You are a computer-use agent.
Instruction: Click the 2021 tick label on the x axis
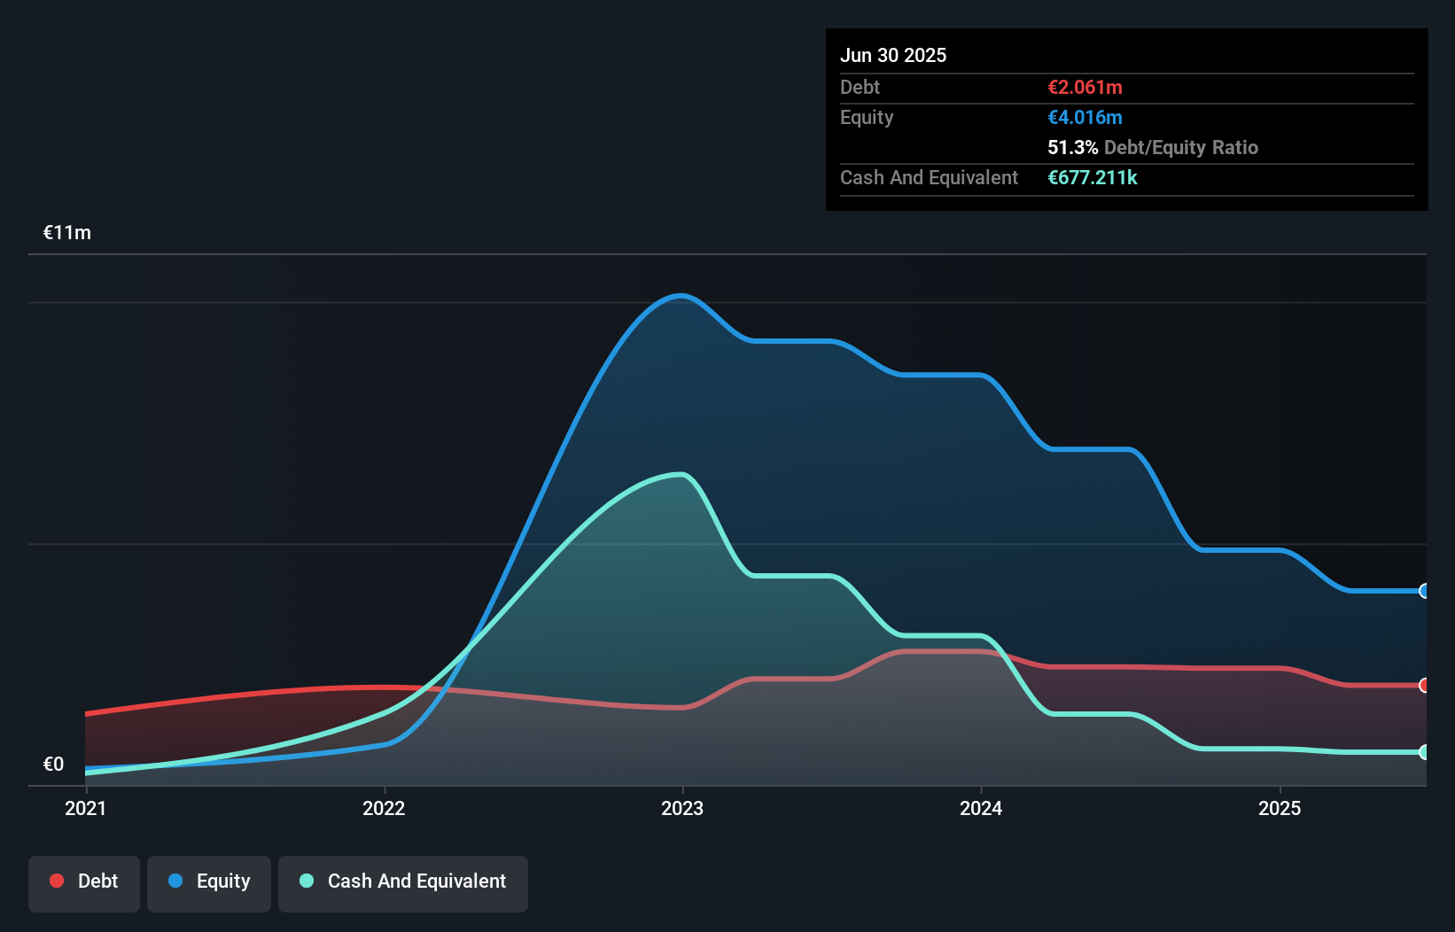pos(85,808)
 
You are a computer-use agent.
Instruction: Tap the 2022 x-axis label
pos(384,808)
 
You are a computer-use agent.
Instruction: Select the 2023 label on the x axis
pos(682,808)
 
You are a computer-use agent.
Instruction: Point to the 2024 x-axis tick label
pos(981,808)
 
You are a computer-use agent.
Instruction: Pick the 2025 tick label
pos(1280,808)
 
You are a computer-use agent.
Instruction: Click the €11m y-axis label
pos(67,233)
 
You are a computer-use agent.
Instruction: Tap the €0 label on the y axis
pos(53,764)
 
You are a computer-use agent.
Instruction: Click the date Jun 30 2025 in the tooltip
pos(893,55)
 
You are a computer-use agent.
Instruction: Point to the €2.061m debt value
pos(1085,87)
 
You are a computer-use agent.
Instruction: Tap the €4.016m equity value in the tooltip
pos(1085,117)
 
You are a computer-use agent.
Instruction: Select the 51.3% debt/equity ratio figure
pos(1072,147)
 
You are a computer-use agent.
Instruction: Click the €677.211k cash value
pos(1092,177)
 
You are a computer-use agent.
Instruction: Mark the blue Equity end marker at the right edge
pos(1424,591)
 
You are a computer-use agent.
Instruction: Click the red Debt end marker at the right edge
pos(1424,685)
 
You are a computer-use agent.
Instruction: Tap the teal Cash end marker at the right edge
pos(1424,752)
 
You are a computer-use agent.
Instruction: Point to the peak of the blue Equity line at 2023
pos(681,296)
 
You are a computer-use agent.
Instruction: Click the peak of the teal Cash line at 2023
pos(681,475)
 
